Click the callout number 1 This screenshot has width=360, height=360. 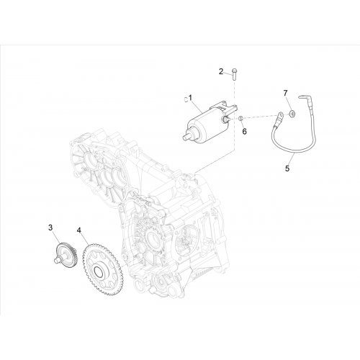pyautogui.click(x=190, y=98)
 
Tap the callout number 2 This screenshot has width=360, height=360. pyautogui.click(x=221, y=71)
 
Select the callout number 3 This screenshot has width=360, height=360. pyautogui.click(x=50, y=228)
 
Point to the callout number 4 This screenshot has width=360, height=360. pyautogui.click(x=79, y=230)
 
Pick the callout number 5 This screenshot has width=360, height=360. pyautogui.click(x=287, y=168)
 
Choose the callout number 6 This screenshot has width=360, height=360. pyautogui.click(x=244, y=131)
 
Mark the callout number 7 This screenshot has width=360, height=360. pyautogui.click(x=285, y=93)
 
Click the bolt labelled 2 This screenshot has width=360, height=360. pyautogui.click(x=234, y=75)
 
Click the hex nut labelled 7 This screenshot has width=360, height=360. pyautogui.click(x=292, y=113)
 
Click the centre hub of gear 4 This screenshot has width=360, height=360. pyautogui.click(x=99, y=271)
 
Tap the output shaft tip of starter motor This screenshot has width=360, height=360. pyautogui.click(x=186, y=138)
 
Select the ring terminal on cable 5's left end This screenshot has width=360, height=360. pyautogui.click(x=281, y=116)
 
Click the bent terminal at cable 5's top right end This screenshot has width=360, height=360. pyautogui.click(x=303, y=98)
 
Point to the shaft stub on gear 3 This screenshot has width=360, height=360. pyautogui.click(x=57, y=261)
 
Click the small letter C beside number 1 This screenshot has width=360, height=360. pyautogui.click(x=186, y=99)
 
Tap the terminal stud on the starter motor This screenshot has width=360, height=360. pyautogui.click(x=226, y=119)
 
